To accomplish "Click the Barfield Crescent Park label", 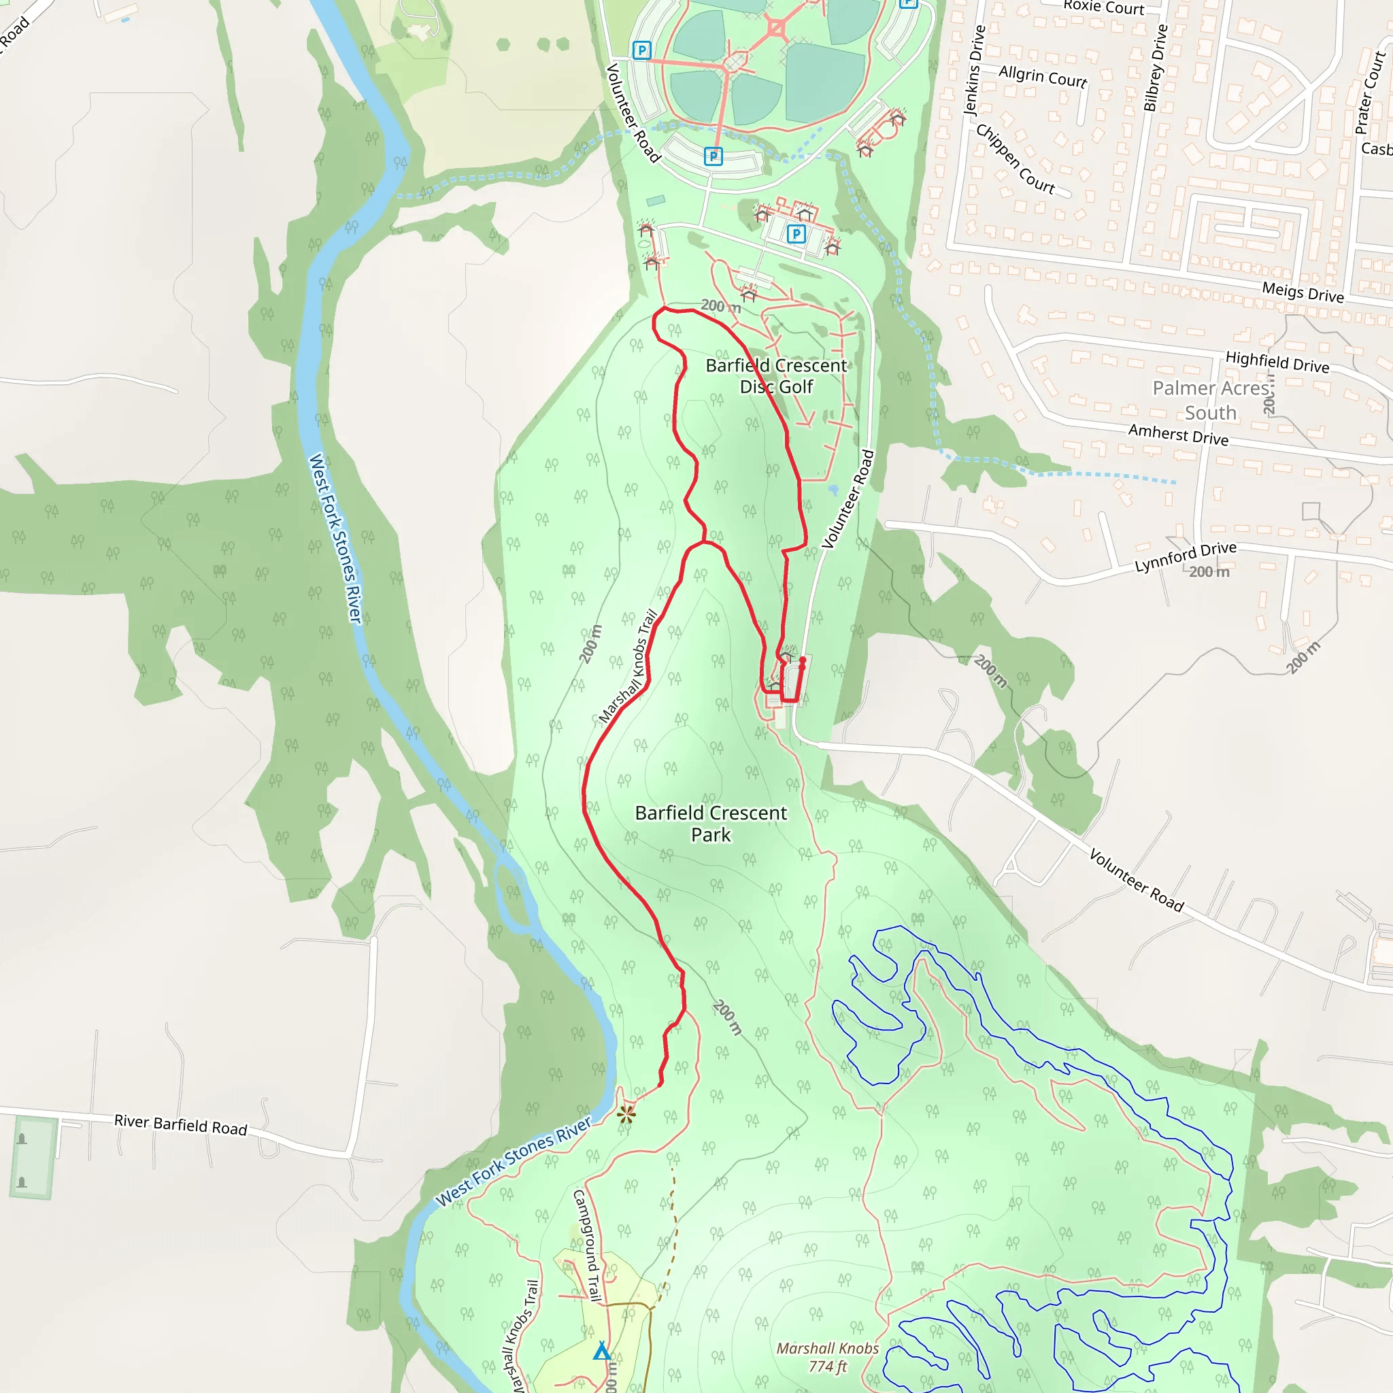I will point(710,824).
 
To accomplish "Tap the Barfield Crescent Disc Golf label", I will point(776,375).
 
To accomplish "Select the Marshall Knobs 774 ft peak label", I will point(827,1357).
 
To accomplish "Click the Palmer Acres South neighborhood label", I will point(1211,400).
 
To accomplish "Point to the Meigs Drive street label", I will point(1302,292).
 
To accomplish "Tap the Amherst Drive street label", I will point(1178,434).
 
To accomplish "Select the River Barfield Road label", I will point(180,1125).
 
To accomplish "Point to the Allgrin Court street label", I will point(1043,75).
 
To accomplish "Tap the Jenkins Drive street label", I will point(974,71).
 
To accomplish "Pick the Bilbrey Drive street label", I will point(1155,68).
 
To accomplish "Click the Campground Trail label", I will point(587,1246).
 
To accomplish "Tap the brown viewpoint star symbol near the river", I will point(626,1115).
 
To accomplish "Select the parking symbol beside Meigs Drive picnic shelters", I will point(796,233).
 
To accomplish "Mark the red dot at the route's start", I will point(803,660).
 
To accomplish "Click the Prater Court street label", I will point(1370,92).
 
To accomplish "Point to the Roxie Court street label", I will point(1103,7).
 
